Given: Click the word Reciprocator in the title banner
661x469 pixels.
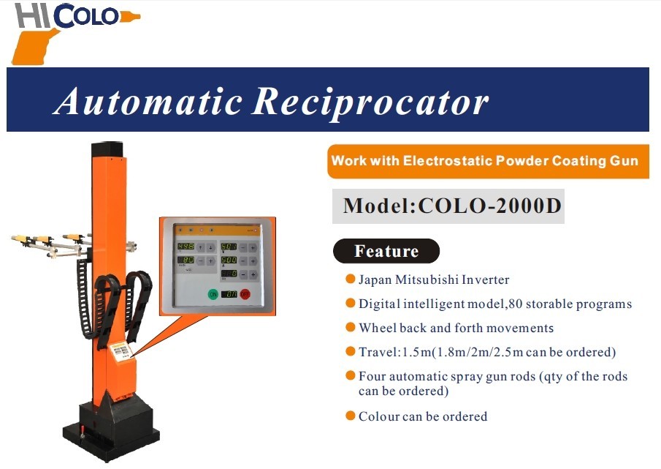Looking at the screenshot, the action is [370, 101].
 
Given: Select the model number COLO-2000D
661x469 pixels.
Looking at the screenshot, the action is [490, 206].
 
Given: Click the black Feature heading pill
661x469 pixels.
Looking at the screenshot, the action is [386, 251].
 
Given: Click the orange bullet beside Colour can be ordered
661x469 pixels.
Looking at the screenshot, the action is [350, 416].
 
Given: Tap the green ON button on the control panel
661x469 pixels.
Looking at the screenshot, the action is [213, 294].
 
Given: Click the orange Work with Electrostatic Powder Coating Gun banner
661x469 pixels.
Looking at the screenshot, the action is [488, 161].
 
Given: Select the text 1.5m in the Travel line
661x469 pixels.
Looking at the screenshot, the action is [417, 352].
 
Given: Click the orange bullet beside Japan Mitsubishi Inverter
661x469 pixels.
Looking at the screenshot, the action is [350, 279].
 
